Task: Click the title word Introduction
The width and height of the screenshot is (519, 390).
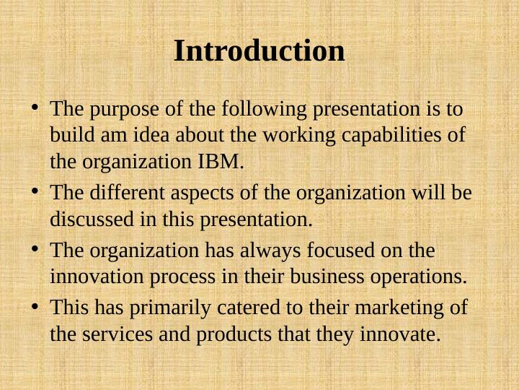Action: [x=259, y=51]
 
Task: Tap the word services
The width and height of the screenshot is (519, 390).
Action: [x=115, y=334]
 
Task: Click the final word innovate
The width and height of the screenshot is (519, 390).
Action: [x=404, y=334]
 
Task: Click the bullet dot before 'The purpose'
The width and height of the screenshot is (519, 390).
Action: [x=35, y=109]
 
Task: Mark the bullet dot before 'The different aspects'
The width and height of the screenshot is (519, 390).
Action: [x=35, y=192]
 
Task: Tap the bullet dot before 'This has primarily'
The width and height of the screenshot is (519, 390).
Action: [x=35, y=307]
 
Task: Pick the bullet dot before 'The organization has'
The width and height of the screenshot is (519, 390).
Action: [x=35, y=249]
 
